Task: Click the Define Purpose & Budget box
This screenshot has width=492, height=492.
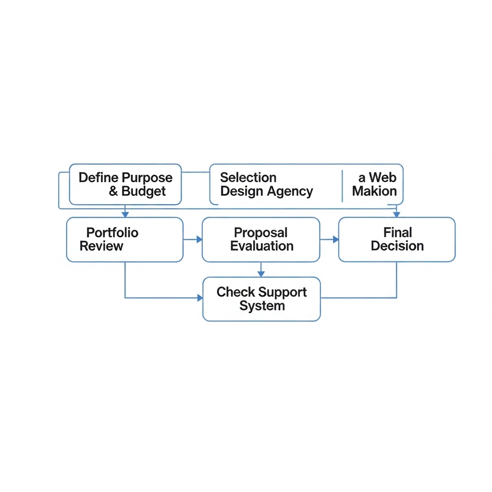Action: [125, 184]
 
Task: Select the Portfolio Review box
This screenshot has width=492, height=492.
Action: [124, 239]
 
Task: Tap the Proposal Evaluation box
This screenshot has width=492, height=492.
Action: [261, 239]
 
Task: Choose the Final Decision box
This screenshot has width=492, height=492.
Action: [396, 239]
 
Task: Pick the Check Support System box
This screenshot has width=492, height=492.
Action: [261, 299]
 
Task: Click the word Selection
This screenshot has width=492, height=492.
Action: [248, 178]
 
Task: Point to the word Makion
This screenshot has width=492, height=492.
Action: [374, 191]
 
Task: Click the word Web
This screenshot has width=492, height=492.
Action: [382, 178]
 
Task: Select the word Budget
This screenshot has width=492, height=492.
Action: [143, 191]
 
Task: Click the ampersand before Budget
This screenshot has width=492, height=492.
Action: [113, 191]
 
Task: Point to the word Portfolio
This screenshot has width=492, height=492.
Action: [112, 233]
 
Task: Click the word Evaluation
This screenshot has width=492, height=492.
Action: [262, 246]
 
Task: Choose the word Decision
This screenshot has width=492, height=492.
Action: [397, 246]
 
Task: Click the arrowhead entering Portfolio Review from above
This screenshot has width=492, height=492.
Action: [125, 214]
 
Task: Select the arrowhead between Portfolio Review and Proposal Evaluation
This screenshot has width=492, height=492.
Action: [199, 239]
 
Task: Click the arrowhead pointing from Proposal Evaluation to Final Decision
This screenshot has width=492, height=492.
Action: [336, 239]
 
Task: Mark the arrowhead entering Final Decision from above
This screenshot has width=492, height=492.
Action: [396, 214]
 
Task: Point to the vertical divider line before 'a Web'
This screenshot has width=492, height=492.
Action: [342, 186]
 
